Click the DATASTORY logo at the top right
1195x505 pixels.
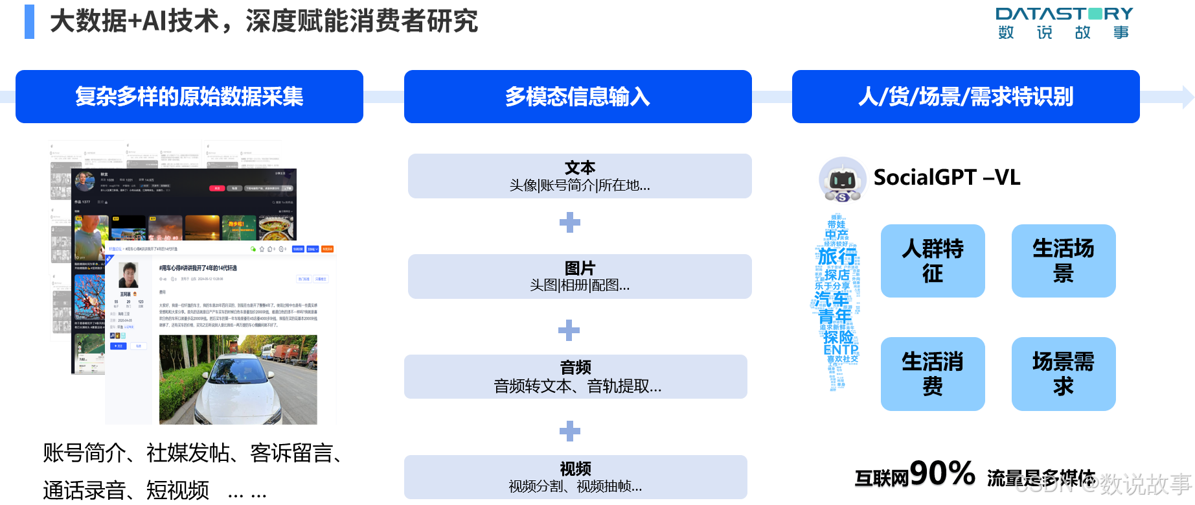point(1064,23)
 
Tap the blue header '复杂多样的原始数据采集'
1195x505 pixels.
point(189,97)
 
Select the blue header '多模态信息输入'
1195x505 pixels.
point(577,97)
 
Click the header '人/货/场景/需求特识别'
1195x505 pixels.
point(965,97)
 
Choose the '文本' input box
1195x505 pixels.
point(579,176)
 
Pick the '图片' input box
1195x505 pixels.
point(579,276)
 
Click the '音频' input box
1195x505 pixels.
point(575,377)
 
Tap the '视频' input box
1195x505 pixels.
point(575,477)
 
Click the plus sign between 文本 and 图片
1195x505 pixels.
point(570,222)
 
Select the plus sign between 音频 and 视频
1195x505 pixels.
point(570,430)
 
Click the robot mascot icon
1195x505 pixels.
point(843,180)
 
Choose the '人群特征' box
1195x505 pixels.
point(932,261)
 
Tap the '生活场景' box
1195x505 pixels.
point(1063,261)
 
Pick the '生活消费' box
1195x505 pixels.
point(932,373)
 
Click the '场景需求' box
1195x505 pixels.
point(1063,373)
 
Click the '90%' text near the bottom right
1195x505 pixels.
point(942,475)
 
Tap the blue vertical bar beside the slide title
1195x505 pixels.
point(29,21)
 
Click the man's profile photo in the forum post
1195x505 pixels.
point(128,275)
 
